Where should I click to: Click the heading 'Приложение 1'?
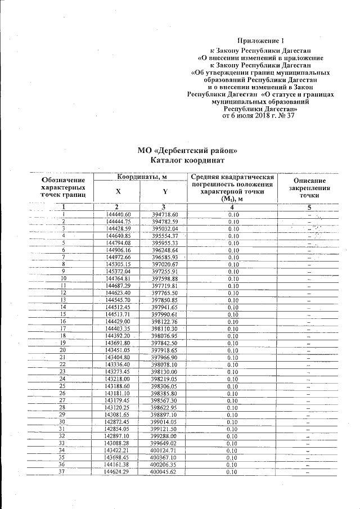point(262,40)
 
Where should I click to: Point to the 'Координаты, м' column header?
point(141,177)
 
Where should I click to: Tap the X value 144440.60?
point(118,215)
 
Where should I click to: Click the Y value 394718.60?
point(165,215)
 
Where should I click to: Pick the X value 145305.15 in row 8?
point(118,264)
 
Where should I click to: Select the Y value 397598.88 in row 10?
point(165,278)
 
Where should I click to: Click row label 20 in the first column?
point(64,350)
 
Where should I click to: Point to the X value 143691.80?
point(118,343)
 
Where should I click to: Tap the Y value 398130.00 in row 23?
point(165,372)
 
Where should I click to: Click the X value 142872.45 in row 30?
point(118,422)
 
